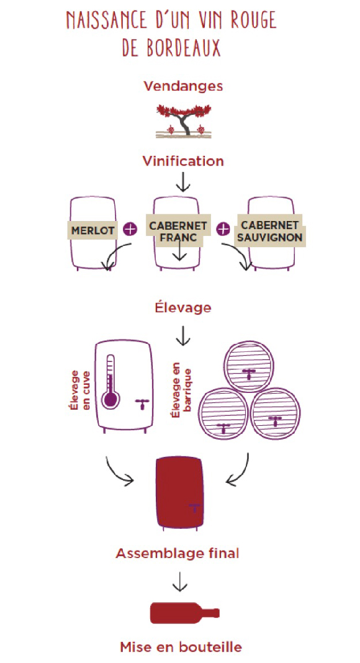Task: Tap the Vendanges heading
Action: [x=183, y=86]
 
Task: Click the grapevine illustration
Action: [x=183, y=121]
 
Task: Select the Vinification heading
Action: [x=183, y=161]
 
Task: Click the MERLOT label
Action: [x=92, y=231]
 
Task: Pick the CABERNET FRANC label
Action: [x=178, y=231]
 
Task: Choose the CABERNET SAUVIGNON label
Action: [x=269, y=231]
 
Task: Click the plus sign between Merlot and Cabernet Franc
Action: [x=130, y=229]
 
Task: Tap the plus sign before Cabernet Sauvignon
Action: [x=223, y=229]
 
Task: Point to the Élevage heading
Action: [x=183, y=307]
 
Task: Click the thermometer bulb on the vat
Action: [x=110, y=399]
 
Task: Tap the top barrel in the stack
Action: [x=249, y=367]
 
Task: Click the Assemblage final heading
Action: [x=178, y=553]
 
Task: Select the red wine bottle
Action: [x=185, y=613]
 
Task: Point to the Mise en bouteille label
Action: [x=181, y=646]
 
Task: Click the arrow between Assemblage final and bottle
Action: [x=179, y=582]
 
